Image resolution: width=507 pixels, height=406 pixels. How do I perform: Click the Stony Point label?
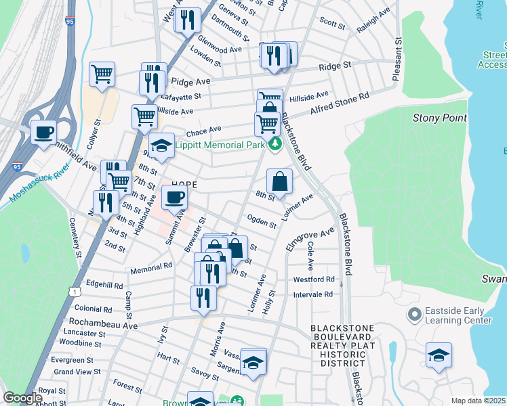coord(440,118)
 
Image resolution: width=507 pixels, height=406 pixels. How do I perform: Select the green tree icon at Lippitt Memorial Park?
coord(275,144)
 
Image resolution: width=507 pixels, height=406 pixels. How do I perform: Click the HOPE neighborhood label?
coord(184,185)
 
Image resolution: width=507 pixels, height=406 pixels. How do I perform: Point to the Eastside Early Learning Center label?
coord(458,315)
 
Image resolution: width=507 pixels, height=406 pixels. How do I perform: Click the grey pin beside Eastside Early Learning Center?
coord(414,315)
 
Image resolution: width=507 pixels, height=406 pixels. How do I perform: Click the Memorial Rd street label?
coord(151,267)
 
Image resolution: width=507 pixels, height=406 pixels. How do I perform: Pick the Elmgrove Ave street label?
coord(310,240)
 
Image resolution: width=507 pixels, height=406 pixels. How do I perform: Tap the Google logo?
coord(23,398)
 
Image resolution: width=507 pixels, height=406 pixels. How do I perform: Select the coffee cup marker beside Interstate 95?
coord(44,131)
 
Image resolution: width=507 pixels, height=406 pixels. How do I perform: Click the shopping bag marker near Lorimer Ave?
coord(279,181)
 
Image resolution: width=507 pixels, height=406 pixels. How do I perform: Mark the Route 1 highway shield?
coord(72,290)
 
